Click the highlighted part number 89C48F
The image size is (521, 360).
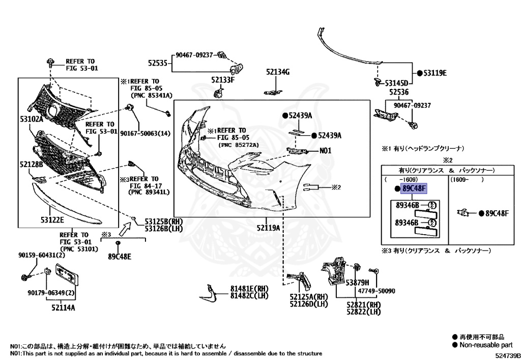pos(414,189)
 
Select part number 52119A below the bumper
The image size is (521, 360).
pos(268,228)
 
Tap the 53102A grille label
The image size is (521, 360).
pos(32,119)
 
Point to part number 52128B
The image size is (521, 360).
pos(32,164)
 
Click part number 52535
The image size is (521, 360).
pos(158,63)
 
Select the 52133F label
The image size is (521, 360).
pos(223,80)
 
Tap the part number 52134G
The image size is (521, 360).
pos(277,72)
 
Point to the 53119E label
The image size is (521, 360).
pos(435,73)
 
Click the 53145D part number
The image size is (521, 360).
pos(396,83)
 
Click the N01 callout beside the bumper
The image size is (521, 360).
pos(325,151)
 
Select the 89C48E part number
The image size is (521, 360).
pos(119,256)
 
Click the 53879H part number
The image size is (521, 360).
pos(357,282)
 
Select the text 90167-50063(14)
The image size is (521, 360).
pos(145,133)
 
